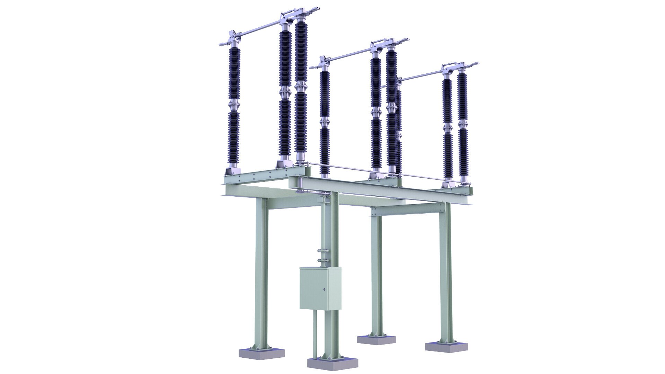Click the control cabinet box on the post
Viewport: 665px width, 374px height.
click(x=320, y=287)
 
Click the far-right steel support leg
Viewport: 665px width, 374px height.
click(x=446, y=270)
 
